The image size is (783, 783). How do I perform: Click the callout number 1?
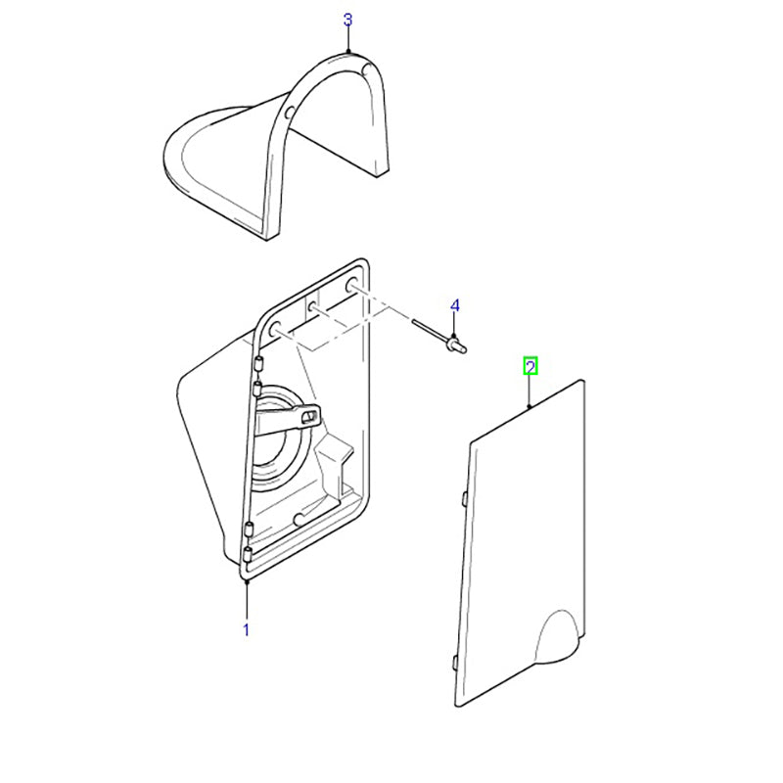pos(246,629)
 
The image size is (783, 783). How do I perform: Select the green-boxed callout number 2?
pos(530,367)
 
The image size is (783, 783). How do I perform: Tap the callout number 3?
pos(348,20)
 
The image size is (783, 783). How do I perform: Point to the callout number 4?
pos(454,305)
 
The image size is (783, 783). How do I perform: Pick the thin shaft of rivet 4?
pos(431,330)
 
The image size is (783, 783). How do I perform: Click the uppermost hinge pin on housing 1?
pos(258,363)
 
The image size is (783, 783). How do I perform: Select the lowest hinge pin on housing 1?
pos(248,554)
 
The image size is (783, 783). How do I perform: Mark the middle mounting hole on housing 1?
pos(312,307)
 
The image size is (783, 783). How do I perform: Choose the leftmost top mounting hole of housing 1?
pos(275,329)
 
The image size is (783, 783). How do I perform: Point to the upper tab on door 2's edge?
pos(463,498)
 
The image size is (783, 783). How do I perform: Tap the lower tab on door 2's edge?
pos(454,664)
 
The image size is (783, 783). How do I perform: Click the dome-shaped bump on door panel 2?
pos(556,637)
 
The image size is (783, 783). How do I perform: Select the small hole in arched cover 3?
pos(288,114)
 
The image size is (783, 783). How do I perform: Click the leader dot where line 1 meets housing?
pos(247,582)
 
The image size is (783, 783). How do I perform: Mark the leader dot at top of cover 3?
pos(348,52)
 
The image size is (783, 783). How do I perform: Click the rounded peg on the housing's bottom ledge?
pos(299,520)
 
